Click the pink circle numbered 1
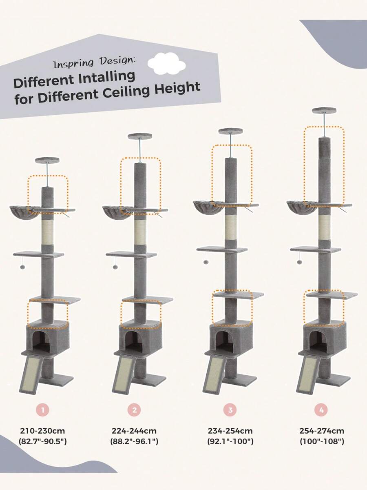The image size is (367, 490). [x=42, y=410]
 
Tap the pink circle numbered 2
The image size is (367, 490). [x=134, y=410]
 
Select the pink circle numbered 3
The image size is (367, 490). [x=230, y=410]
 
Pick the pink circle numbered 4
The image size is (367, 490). [x=321, y=410]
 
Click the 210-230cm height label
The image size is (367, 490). [x=42, y=431]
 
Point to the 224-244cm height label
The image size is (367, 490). [x=134, y=431]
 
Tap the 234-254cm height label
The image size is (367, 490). [x=230, y=431]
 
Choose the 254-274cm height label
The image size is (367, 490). [x=322, y=431]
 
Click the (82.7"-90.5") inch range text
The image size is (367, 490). [x=42, y=441]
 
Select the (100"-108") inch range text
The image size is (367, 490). [x=322, y=441]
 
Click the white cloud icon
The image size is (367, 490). [x=167, y=63]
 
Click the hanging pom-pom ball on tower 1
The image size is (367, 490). [x=22, y=267]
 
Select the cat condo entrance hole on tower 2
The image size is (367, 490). [x=133, y=341]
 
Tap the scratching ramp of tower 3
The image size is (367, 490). [x=214, y=374]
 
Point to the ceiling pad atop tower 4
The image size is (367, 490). [x=324, y=110]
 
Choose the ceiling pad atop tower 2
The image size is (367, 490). [x=140, y=136]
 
